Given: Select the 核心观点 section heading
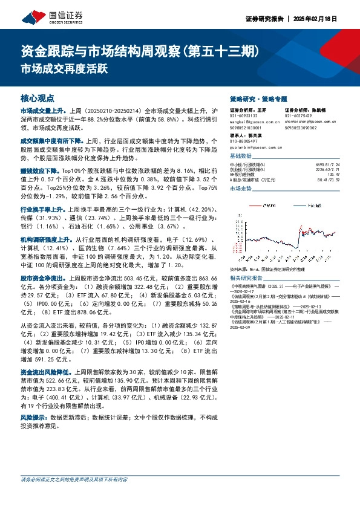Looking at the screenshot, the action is (x=38, y=97).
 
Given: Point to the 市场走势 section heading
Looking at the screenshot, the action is (x=240, y=189).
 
